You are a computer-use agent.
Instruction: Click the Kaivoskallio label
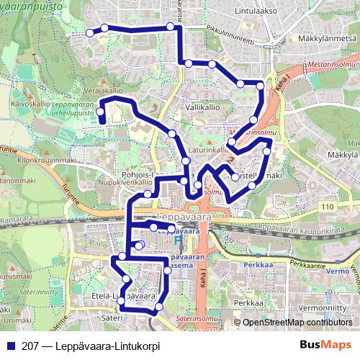[x=25, y=104]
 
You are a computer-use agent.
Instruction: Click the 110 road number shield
[x=329, y=207]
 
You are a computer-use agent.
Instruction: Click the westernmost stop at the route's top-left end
[x=90, y=32]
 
